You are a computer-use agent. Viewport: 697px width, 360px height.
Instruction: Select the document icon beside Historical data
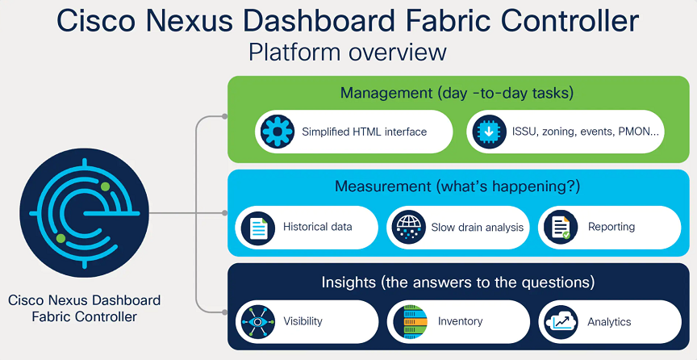(x=258, y=227)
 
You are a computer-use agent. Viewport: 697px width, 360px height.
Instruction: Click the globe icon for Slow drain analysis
(x=408, y=227)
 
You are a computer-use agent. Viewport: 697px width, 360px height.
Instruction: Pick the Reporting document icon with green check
(x=559, y=227)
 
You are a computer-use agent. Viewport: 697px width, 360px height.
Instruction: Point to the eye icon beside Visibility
(x=258, y=321)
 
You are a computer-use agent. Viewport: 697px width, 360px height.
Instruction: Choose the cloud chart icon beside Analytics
(x=560, y=321)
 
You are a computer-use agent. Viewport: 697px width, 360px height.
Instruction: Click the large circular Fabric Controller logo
(x=84, y=213)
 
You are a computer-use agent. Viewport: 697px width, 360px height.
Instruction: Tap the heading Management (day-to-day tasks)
(x=457, y=93)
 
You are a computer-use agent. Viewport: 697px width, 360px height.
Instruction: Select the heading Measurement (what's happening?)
(x=457, y=187)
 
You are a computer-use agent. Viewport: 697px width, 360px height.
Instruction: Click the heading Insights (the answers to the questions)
(x=457, y=283)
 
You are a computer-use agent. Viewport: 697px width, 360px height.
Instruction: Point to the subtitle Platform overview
(x=348, y=52)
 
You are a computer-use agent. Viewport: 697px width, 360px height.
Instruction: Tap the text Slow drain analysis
(x=477, y=228)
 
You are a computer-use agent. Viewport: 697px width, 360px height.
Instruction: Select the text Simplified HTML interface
(x=364, y=132)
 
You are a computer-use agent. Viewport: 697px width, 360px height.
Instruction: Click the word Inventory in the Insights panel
(x=460, y=321)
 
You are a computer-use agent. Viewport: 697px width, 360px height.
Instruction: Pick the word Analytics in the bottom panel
(x=609, y=322)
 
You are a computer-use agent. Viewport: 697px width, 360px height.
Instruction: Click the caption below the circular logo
(x=84, y=308)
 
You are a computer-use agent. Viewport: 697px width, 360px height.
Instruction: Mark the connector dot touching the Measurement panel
(x=225, y=213)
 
